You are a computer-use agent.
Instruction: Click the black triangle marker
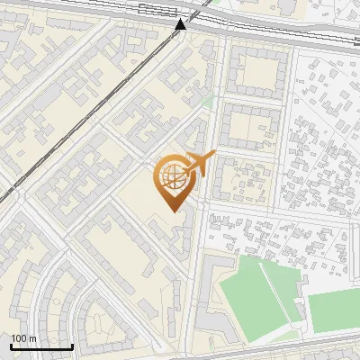(181, 24)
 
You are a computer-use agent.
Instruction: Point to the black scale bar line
(41, 346)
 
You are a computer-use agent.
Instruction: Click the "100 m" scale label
(23, 338)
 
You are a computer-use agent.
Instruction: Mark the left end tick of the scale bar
(11, 345)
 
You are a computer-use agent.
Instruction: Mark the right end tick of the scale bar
(72, 345)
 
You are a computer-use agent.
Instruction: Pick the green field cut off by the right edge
(335, 309)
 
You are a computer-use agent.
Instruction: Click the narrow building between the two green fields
(301, 292)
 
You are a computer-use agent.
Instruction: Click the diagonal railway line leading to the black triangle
(108, 103)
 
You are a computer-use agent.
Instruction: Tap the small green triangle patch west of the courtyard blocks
(210, 102)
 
